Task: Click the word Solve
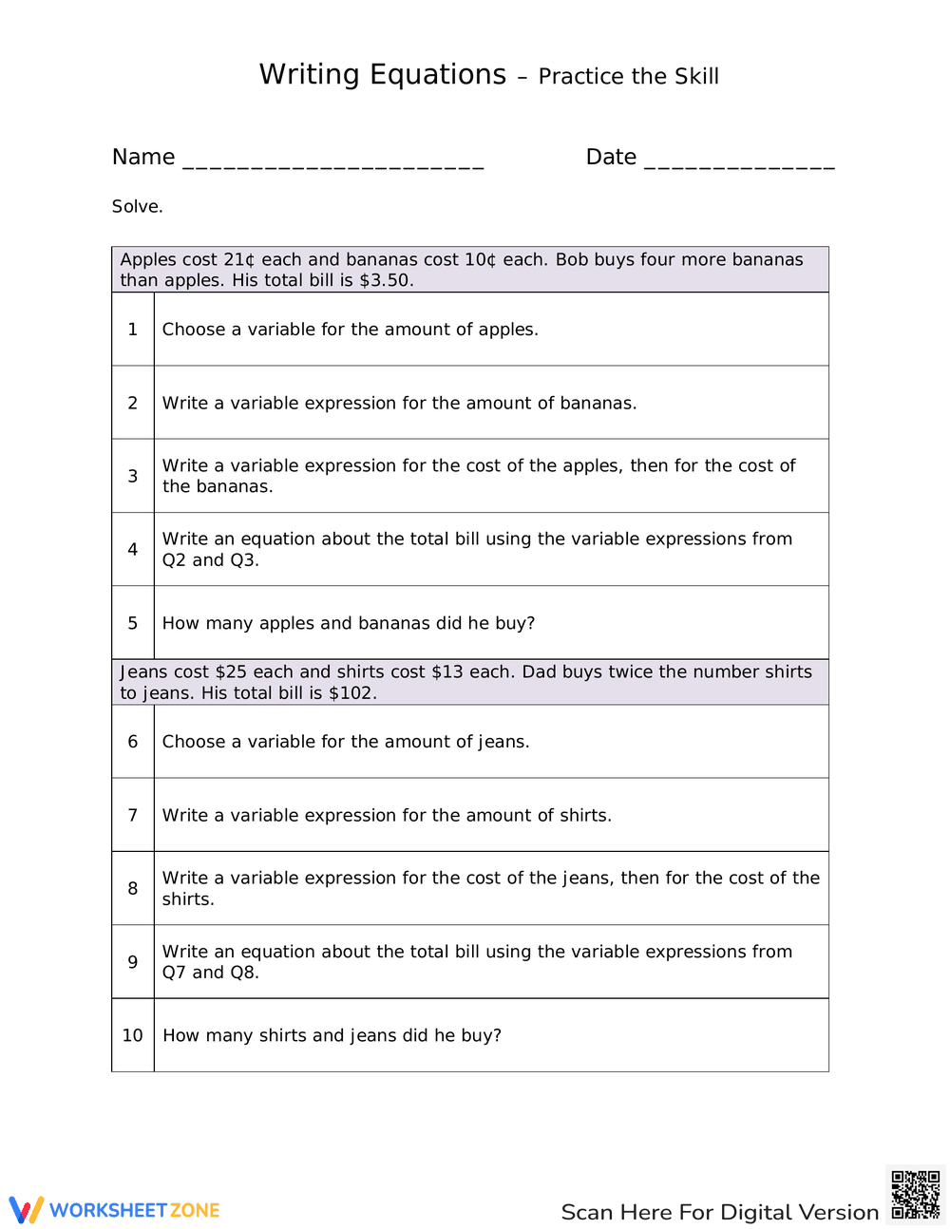(137, 206)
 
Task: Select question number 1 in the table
(133, 329)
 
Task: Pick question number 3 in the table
(133, 476)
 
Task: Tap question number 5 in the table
(133, 623)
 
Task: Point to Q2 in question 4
(174, 560)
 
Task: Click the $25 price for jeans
(231, 671)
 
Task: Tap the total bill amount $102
(351, 693)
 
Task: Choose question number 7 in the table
(133, 815)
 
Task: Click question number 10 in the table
(133, 1035)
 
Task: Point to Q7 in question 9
(174, 973)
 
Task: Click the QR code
(916, 1195)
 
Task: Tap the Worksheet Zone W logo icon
(27, 1209)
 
